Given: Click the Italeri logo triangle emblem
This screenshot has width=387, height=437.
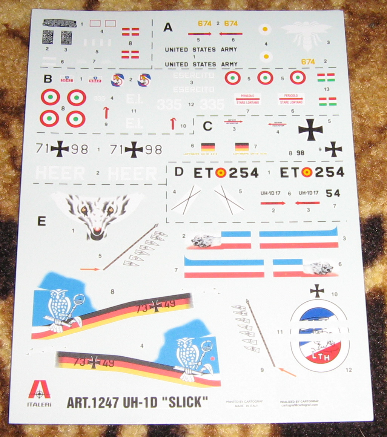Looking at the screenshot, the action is point(39,389).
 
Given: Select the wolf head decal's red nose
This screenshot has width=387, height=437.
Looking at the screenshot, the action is point(97,230).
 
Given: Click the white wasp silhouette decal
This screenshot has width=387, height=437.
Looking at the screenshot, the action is point(306,34).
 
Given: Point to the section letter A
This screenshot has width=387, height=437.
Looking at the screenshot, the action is point(168,27).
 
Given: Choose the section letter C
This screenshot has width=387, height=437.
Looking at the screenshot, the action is point(207,126).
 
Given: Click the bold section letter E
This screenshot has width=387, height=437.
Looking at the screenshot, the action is point(41,221).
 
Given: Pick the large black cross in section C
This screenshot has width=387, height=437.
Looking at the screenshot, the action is point(310,129).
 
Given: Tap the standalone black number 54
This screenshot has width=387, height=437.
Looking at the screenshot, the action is point(333,193).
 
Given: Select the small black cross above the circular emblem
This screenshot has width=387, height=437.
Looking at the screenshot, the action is point(317,290).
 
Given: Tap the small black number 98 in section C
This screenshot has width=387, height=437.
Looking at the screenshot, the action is point(300,153).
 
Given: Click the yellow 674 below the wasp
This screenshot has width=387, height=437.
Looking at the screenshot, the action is point(308,61).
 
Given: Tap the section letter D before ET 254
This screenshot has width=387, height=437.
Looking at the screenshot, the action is point(180,172).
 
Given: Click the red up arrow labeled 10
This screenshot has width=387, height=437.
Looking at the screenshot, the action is point(173,123).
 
